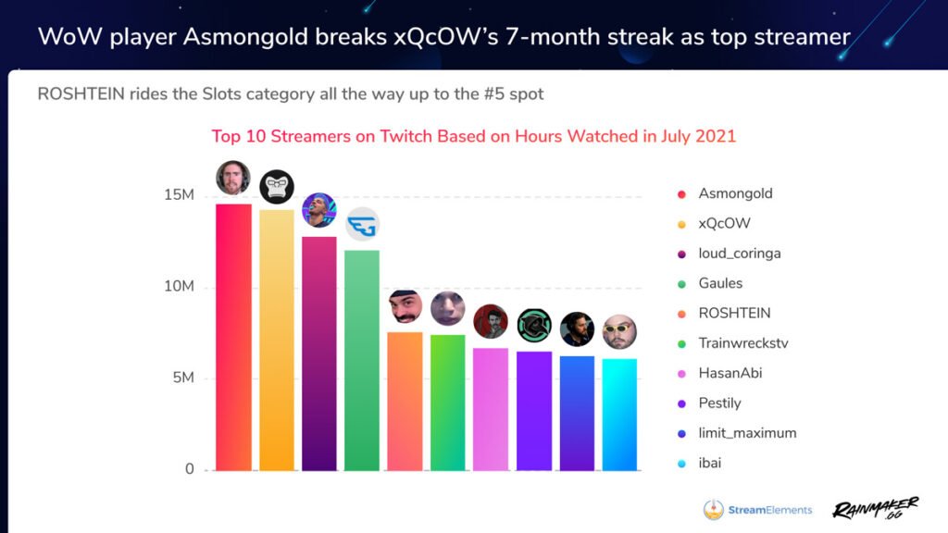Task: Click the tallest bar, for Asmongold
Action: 233,337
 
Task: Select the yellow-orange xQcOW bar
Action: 277,340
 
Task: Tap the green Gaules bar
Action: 362,360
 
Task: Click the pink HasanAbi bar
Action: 491,408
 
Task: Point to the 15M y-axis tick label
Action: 179,196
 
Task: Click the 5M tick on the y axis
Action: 182,378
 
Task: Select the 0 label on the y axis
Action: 189,469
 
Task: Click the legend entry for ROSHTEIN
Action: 734,313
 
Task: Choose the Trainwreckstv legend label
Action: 742,343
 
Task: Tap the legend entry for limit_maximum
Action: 747,433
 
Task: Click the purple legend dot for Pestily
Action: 681,403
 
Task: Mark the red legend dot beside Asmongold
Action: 681,194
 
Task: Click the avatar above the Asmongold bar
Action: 233,178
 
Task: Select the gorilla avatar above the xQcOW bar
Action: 277,187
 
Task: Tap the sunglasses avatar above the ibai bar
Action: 619,332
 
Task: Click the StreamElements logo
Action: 757,510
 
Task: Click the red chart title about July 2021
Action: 473,136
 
